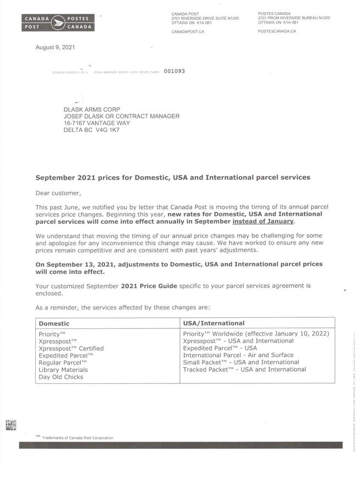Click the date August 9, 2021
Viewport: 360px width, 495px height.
[55, 47]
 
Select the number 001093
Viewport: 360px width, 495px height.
[174, 71]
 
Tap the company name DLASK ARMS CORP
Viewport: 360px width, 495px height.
[92, 109]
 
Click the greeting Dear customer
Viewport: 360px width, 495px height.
[58, 193]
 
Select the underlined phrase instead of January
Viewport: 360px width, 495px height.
[264, 221]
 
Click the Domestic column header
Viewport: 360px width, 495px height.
[54, 323]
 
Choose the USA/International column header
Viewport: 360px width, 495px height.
[214, 323]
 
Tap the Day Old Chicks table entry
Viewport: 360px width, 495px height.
[61, 377]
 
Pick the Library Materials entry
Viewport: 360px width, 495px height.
[63, 370]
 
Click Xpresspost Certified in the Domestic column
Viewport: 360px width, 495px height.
[71, 348]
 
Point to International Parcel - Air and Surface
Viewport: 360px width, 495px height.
[238, 355]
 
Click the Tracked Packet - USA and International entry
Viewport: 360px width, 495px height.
[244, 369]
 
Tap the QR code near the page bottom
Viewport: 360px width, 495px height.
[11, 425]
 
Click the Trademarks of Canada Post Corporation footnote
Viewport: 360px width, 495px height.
[77, 438]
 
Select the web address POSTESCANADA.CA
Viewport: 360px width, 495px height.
[277, 31]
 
